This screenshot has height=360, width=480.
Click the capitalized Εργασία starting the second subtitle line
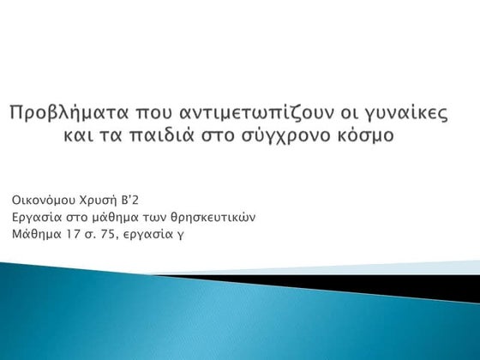(x=34, y=217)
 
